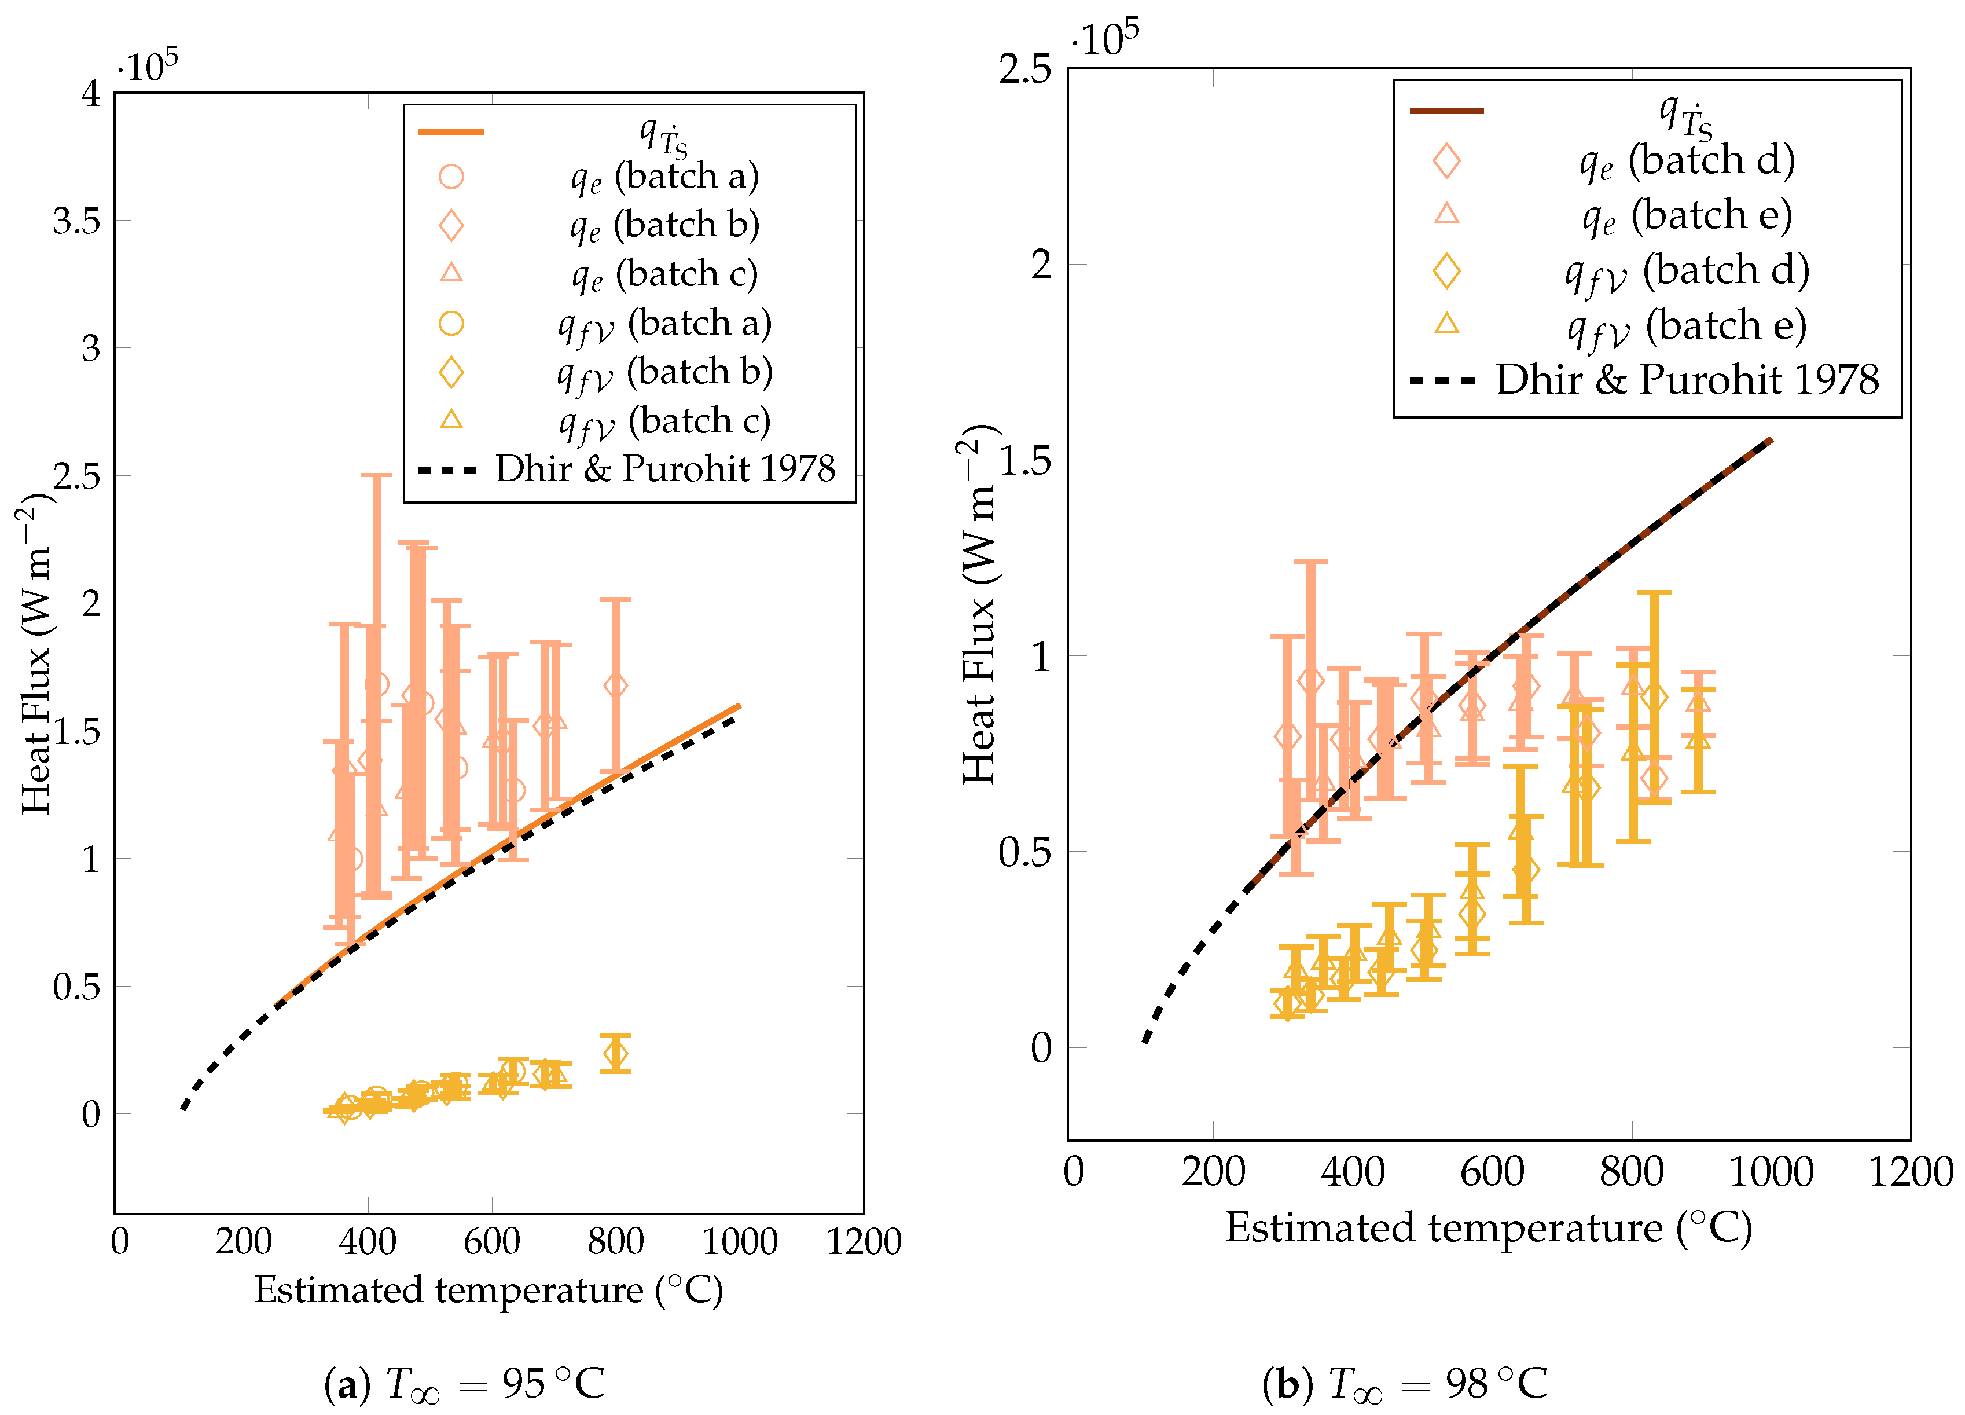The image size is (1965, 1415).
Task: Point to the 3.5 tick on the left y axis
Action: coord(76,221)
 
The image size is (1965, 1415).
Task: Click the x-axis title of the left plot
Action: coord(488,1290)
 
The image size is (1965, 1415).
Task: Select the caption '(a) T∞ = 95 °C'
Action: coord(464,1384)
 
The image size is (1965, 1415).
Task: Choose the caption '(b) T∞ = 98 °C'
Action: coord(1404,1384)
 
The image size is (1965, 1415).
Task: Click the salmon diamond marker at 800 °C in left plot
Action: coord(615,685)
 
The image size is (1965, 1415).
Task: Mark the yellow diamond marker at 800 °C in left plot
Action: coord(615,1054)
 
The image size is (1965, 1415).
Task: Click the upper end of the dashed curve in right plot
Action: coord(1770,441)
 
